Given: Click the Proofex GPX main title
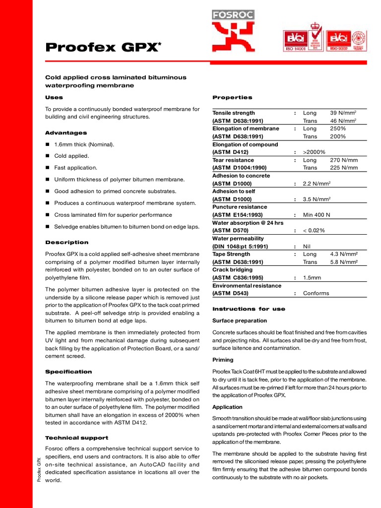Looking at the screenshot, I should [103, 47].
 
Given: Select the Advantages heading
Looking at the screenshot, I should [66, 133].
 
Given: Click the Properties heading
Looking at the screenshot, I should [232, 97].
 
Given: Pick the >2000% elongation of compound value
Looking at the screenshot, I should [314, 152].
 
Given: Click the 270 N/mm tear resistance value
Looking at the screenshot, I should [344, 160].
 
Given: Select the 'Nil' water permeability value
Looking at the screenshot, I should [307, 246].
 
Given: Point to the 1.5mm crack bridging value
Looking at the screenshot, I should [312, 278].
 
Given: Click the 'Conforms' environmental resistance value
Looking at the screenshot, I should [316, 293].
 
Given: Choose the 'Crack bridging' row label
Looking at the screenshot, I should [232, 270].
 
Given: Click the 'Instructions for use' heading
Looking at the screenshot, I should [249, 309].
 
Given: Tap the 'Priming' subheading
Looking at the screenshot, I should [223, 360].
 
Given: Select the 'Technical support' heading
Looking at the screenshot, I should [76, 438].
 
